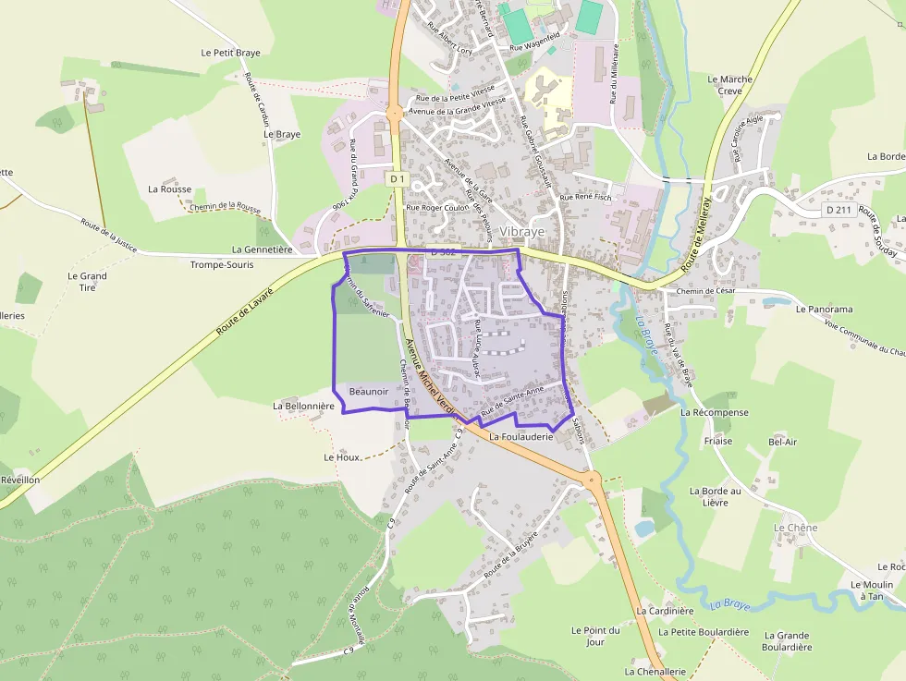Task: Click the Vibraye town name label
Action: (x=521, y=232)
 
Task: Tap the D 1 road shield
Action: (x=398, y=177)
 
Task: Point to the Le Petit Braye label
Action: (x=230, y=53)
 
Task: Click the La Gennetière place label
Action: (x=262, y=249)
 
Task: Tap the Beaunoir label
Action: (x=368, y=392)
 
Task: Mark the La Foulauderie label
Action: (x=520, y=436)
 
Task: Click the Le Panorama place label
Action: (x=824, y=309)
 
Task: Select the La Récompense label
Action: (x=715, y=412)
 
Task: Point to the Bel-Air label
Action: (x=782, y=442)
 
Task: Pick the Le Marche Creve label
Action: (x=730, y=85)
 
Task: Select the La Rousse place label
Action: (x=169, y=188)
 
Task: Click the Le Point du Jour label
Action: (x=595, y=636)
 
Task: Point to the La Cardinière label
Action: (x=665, y=611)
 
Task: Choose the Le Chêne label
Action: (x=795, y=528)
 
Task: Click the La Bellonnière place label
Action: (x=303, y=406)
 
